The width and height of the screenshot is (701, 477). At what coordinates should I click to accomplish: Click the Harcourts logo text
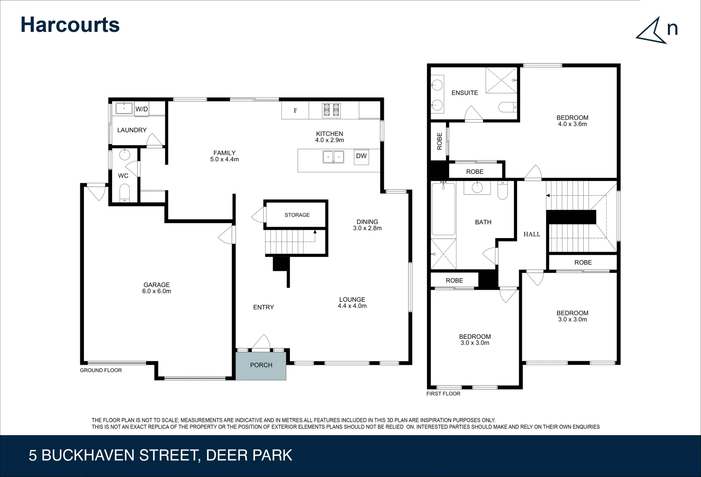coord(70,25)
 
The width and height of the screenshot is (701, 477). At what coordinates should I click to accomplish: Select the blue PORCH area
coord(261,365)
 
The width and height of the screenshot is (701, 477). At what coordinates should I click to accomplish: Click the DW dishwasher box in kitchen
coord(361,156)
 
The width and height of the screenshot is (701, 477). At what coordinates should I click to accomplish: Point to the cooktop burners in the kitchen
coord(331,110)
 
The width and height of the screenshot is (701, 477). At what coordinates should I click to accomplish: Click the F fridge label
coord(296,111)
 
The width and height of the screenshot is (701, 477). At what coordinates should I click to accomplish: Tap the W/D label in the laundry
coord(142,109)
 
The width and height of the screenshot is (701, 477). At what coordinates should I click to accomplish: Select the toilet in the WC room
coord(125,193)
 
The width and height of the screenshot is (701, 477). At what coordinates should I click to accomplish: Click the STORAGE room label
coord(297,215)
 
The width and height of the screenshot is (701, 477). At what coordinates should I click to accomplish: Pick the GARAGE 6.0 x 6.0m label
coord(157,288)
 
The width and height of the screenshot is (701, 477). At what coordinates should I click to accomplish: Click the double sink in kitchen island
coord(333,157)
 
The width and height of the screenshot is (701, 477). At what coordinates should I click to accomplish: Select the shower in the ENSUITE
coord(501,80)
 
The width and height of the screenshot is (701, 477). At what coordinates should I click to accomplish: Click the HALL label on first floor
coord(532,235)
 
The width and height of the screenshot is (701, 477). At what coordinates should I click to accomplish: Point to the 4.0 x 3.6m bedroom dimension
coord(572,125)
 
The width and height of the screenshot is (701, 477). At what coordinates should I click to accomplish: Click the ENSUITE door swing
coord(473,114)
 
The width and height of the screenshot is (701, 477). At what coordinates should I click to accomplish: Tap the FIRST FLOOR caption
coord(443,394)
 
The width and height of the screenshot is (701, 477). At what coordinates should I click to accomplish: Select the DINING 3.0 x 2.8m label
coord(367,225)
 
